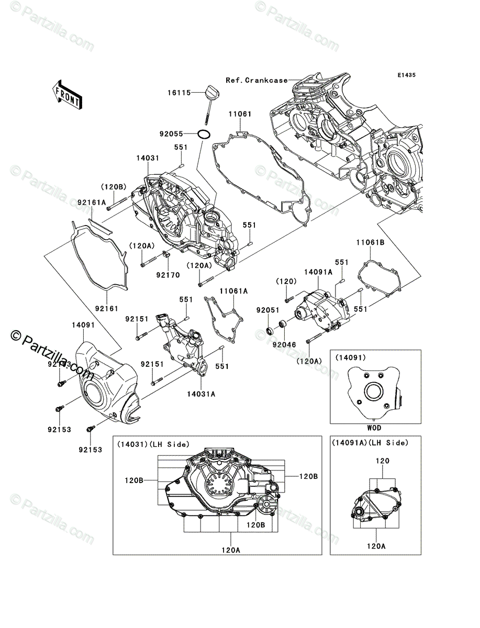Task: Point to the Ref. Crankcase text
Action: click(x=256, y=81)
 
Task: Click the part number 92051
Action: click(x=266, y=310)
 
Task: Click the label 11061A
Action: click(x=233, y=290)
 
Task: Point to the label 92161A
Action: click(x=93, y=201)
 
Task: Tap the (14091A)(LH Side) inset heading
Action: click(x=370, y=443)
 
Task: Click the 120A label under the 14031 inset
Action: click(x=231, y=550)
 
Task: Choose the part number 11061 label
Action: click(x=240, y=114)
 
